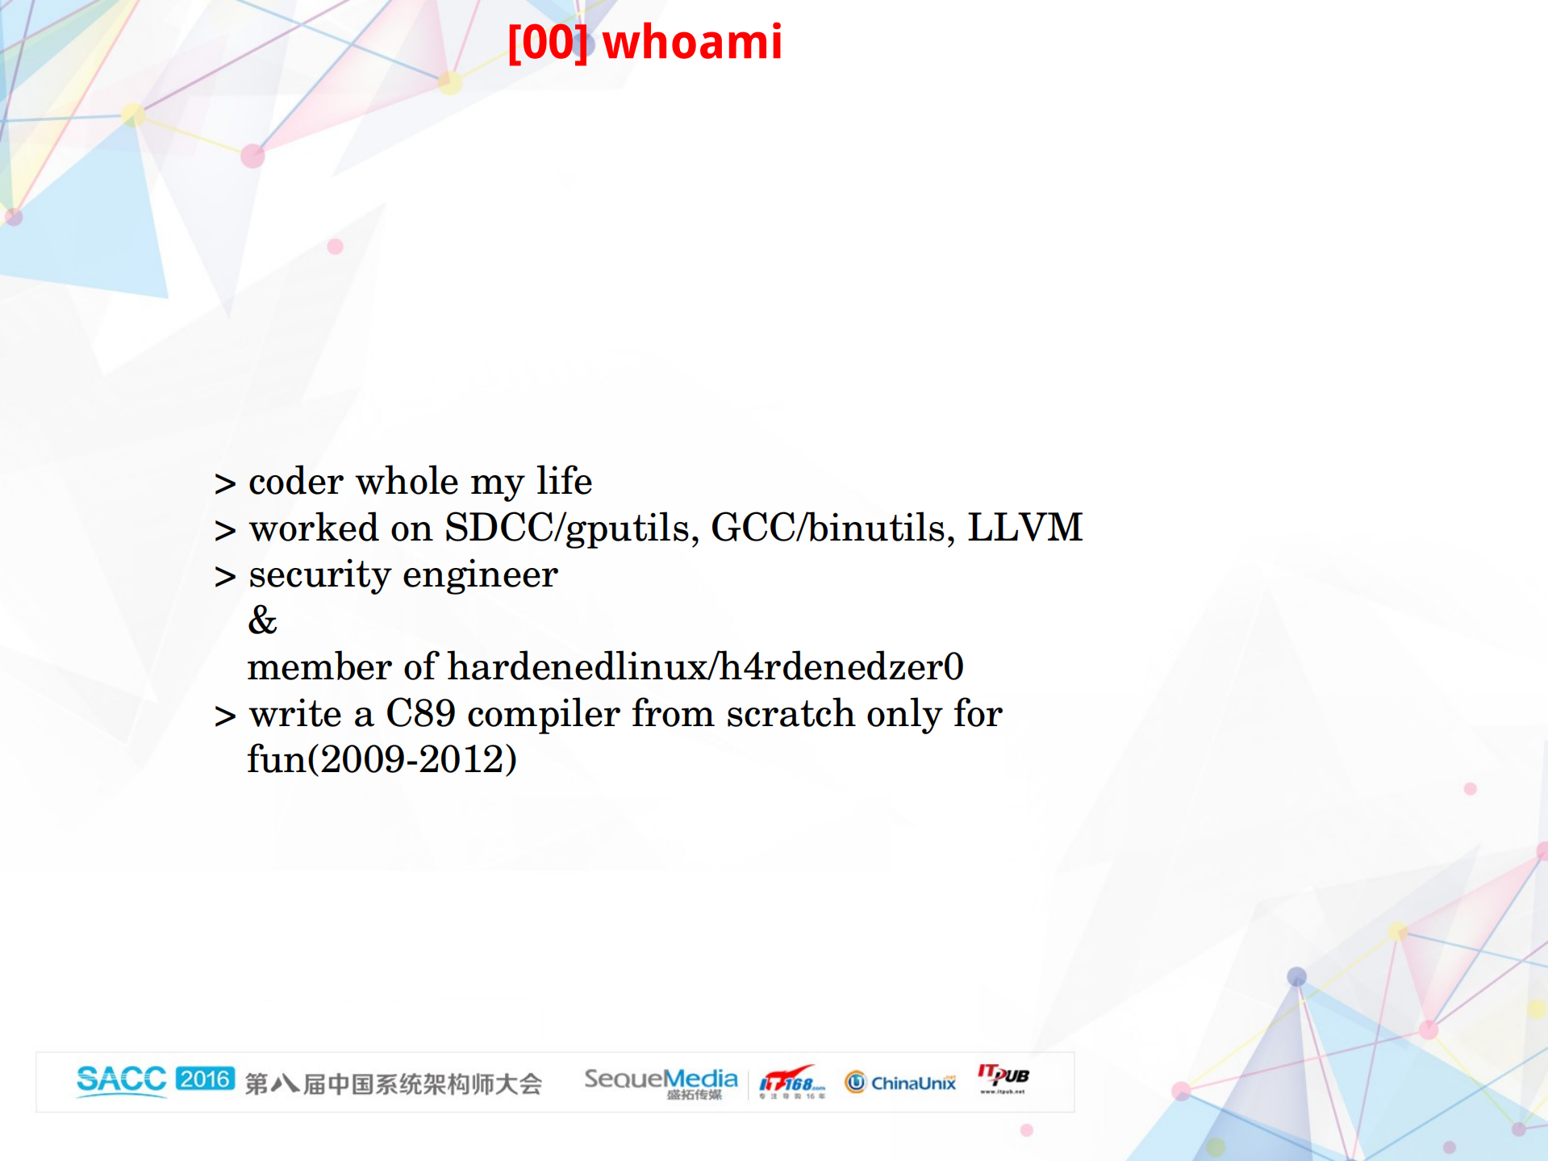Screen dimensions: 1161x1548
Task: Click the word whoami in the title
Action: [692, 42]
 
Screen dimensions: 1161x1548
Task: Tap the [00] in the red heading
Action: [548, 42]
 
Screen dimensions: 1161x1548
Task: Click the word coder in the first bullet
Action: [296, 482]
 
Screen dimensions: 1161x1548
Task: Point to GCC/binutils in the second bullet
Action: [832, 528]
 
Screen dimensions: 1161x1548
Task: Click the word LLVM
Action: [1024, 528]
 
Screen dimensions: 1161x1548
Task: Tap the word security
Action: [319, 575]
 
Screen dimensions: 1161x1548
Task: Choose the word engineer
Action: [480, 575]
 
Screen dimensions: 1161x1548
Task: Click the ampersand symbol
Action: [262, 621]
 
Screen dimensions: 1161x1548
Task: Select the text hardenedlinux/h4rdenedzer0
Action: [705, 667]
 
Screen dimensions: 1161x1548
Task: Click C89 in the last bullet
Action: [420, 714]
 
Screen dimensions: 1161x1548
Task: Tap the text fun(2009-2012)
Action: [382, 759]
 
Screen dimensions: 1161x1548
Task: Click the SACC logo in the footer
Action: [121, 1080]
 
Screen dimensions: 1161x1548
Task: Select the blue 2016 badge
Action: [205, 1079]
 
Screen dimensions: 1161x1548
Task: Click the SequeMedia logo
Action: [661, 1081]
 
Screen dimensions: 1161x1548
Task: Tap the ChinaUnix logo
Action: [900, 1082]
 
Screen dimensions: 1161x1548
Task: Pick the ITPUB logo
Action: [1003, 1077]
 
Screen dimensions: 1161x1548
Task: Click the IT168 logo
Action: [791, 1081]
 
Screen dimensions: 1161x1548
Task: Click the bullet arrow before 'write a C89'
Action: [225, 716]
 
